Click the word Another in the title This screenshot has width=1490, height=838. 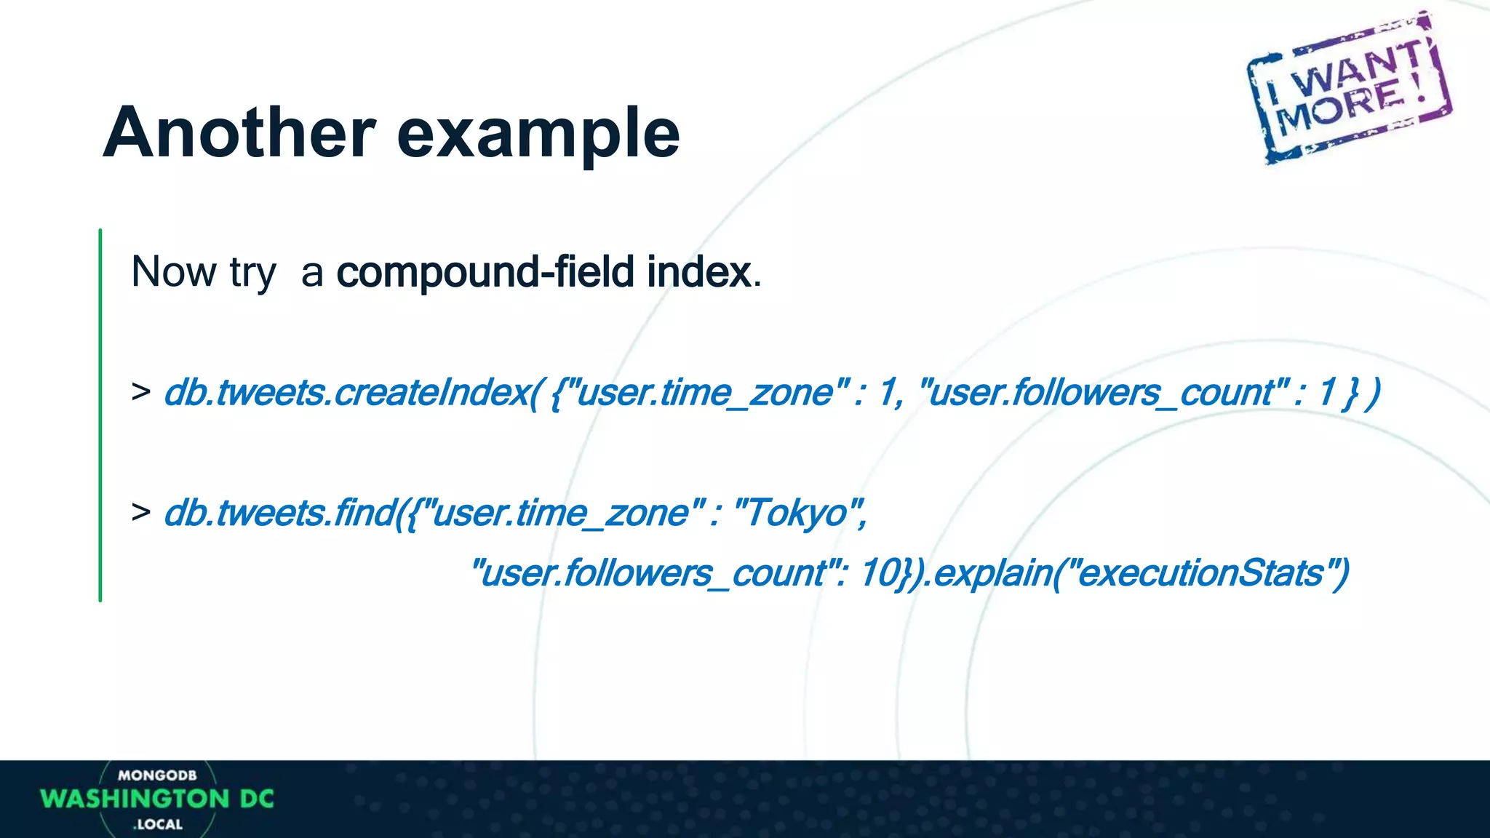click(239, 133)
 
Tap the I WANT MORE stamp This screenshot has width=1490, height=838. click(1350, 87)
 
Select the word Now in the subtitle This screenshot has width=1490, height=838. click(174, 272)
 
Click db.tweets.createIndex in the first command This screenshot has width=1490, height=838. click(349, 393)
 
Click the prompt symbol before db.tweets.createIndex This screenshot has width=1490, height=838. click(141, 392)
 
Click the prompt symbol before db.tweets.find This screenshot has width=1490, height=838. click(141, 513)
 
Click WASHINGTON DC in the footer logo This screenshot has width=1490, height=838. click(157, 799)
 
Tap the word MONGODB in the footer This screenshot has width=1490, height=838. click(157, 775)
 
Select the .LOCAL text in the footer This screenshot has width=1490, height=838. click(158, 824)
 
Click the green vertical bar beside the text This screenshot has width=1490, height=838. click(100, 415)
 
